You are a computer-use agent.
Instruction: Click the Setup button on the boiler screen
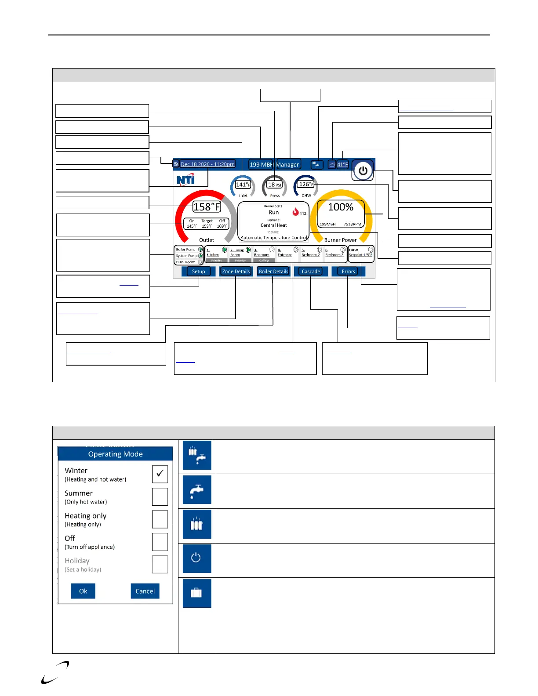[x=198, y=272]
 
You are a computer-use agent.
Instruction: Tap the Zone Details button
[x=236, y=272]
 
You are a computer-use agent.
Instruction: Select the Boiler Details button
[x=273, y=272]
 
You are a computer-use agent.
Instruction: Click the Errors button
[x=348, y=272]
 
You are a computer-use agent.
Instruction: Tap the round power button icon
[x=363, y=170]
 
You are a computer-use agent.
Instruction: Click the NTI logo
[x=185, y=180]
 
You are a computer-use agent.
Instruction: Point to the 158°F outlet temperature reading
[x=207, y=207]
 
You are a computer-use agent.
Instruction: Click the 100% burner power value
[x=341, y=207]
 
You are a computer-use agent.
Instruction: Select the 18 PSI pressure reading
[x=275, y=185]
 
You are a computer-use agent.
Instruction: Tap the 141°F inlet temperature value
[x=243, y=185]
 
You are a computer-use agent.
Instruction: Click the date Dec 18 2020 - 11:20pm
[x=207, y=164]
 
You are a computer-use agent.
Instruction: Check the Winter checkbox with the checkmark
[x=160, y=474]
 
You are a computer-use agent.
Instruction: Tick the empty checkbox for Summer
[x=160, y=497]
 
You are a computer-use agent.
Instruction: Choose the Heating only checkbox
[x=160, y=519]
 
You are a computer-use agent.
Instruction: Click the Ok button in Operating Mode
[x=83, y=591]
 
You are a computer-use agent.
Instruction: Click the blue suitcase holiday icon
[x=196, y=593]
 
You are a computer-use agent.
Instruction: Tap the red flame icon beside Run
[x=296, y=212]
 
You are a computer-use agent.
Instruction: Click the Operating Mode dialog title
[x=115, y=454]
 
